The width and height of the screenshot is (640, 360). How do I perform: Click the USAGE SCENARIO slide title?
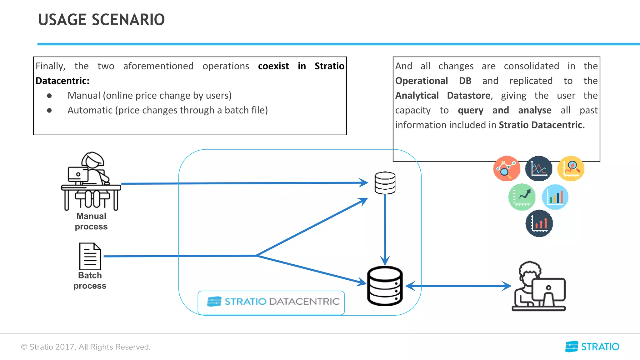pyautogui.click(x=101, y=20)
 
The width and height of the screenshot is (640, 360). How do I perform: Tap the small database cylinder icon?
pyautogui.click(x=385, y=183)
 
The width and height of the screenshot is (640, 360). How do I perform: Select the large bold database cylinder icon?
pyautogui.click(x=385, y=286)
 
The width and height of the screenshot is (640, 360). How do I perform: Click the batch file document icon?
pyautogui.click(x=90, y=256)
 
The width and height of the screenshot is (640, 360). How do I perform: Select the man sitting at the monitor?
pyautogui.click(x=539, y=286)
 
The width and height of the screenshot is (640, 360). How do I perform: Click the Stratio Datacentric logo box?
pyautogui.click(x=271, y=302)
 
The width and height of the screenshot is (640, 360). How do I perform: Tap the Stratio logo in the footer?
pyautogui.click(x=592, y=347)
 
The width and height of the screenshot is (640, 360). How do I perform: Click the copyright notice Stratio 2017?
pyautogui.click(x=86, y=347)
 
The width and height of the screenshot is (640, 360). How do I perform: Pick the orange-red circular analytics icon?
pyautogui.click(x=507, y=168)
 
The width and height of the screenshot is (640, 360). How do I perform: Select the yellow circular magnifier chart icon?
pyautogui.click(x=571, y=168)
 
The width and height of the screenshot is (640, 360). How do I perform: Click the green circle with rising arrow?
pyautogui.click(x=522, y=197)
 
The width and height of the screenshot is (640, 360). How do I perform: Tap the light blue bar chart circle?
pyautogui.click(x=555, y=197)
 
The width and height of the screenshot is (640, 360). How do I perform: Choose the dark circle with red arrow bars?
pyautogui.click(x=539, y=223)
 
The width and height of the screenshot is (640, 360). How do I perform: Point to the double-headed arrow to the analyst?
pyautogui.click(x=458, y=286)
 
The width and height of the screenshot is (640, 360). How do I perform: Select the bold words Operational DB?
pyautogui.click(x=433, y=81)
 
